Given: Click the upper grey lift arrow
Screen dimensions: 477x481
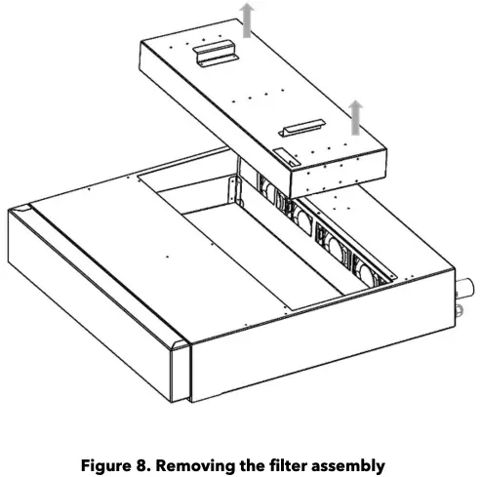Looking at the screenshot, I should [248, 20].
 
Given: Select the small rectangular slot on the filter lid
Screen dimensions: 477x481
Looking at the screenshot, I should [281, 155].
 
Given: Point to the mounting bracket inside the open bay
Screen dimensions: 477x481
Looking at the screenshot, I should [233, 189].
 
